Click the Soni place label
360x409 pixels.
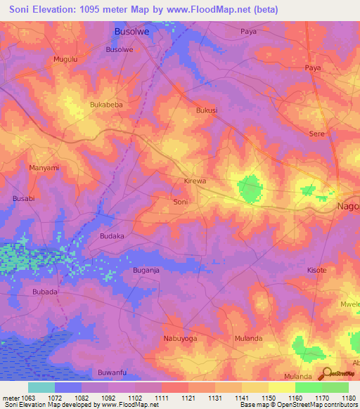tap(181, 202)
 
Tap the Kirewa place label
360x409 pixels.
tap(195, 181)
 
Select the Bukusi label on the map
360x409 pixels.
tap(207, 110)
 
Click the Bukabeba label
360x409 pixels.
tap(106, 105)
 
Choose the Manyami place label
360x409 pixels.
tap(44, 168)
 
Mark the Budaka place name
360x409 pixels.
tap(112, 236)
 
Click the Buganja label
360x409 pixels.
tap(146, 270)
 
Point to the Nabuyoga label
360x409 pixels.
tap(180, 338)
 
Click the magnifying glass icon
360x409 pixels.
tap(325, 373)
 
